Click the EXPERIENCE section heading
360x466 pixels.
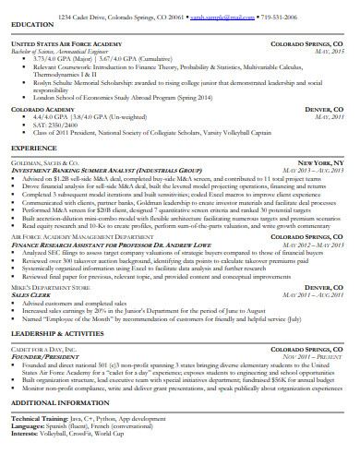coord(35,147)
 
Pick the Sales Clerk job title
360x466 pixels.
coord(30,295)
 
